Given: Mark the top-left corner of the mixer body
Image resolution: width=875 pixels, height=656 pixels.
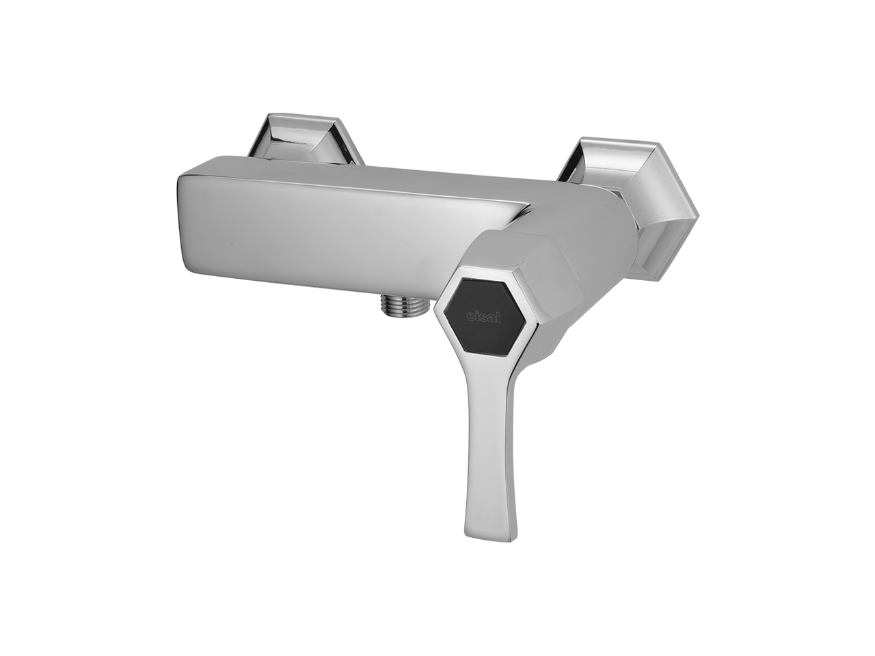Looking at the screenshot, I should pyautogui.click(x=180, y=176).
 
